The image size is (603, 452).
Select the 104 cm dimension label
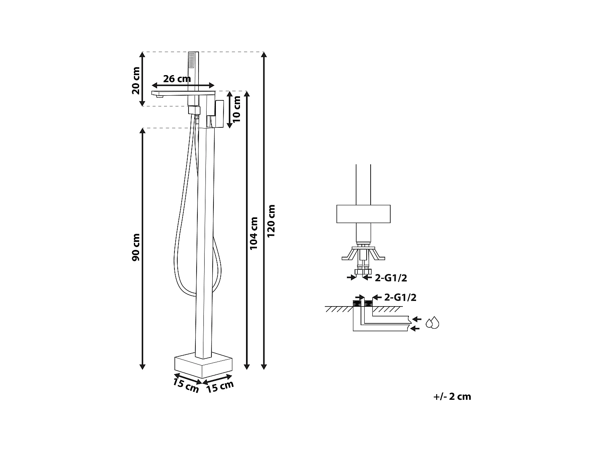(x=254, y=233)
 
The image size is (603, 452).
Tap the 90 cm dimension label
(x=136, y=247)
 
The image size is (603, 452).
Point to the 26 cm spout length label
(x=177, y=79)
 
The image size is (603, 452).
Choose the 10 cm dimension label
(x=237, y=109)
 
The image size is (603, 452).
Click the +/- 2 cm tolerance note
(x=452, y=397)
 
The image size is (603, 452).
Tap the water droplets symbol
(x=433, y=323)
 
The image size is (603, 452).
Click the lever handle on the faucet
(x=219, y=114)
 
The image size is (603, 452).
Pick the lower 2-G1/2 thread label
(x=400, y=298)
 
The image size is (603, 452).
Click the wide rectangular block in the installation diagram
(x=363, y=214)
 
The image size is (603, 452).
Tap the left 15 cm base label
(x=186, y=385)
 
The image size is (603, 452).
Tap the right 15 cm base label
(x=220, y=387)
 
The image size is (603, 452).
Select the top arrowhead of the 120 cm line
(x=264, y=55)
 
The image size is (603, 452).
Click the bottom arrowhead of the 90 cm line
(x=142, y=366)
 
